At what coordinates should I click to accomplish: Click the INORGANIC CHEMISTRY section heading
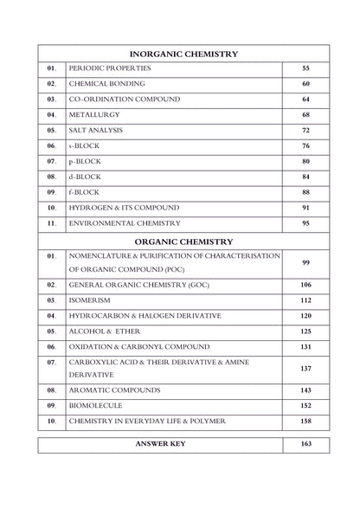click(x=183, y=54)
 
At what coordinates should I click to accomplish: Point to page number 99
click(x=305, y=263)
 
